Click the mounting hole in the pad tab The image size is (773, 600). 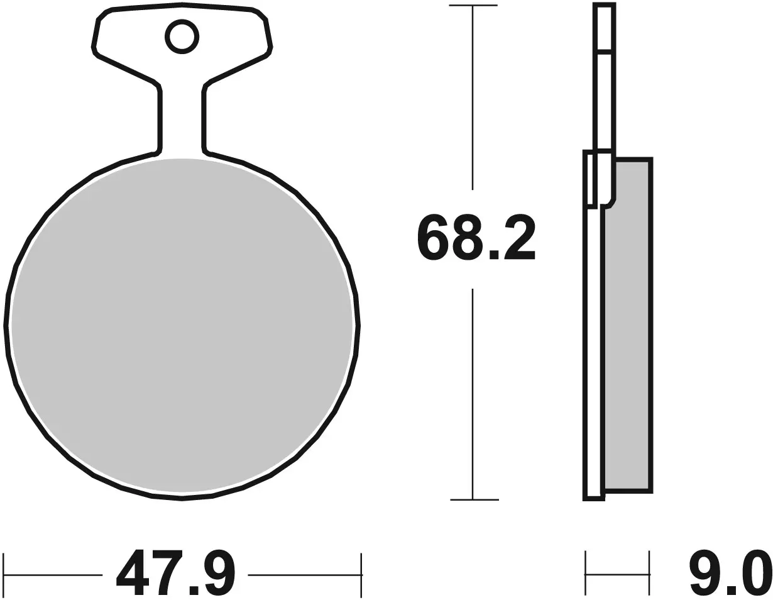182,36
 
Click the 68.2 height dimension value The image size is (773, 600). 475,237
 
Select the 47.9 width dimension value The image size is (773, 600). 175,573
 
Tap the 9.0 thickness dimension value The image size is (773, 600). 729,573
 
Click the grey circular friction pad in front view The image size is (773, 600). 182,326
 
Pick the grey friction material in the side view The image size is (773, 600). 627,324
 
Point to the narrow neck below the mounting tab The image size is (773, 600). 182,119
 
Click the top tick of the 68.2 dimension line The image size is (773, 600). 473,6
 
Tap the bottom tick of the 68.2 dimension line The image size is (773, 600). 473,500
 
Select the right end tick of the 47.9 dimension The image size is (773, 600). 361,574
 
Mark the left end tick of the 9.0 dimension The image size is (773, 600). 586,574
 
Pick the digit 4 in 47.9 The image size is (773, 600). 134,573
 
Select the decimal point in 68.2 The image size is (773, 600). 494,253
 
